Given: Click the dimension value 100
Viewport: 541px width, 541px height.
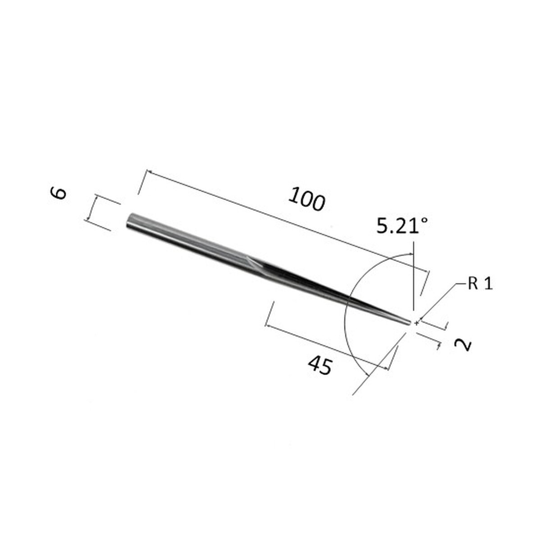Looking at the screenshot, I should coord(307,200).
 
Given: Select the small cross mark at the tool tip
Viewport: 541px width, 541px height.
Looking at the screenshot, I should coord(417,323).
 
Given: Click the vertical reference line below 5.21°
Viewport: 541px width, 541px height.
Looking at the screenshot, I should coord(413,280).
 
